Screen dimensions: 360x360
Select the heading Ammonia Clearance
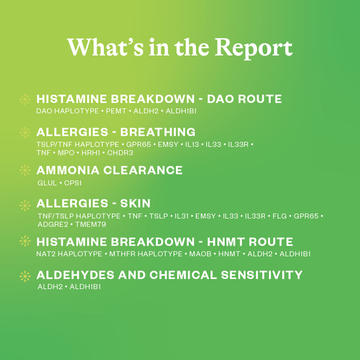[x=109, y=170]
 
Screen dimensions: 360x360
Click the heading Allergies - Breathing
[x=115, y=132]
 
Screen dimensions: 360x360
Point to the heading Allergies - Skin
[x=93, y=203]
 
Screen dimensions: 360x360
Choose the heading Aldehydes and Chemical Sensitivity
[x=169, y=275]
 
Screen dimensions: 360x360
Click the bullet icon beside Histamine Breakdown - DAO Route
[x=25, y=100]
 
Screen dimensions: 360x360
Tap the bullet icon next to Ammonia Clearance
[x=25, y=171]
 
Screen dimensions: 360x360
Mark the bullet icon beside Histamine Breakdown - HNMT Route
[x=25, y=242]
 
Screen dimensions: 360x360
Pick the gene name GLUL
[x=48, y=183]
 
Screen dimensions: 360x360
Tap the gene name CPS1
[x=73, y=183]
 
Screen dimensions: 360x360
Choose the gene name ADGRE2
[x=53, y=224]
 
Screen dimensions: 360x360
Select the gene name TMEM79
[x=91, y=224]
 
